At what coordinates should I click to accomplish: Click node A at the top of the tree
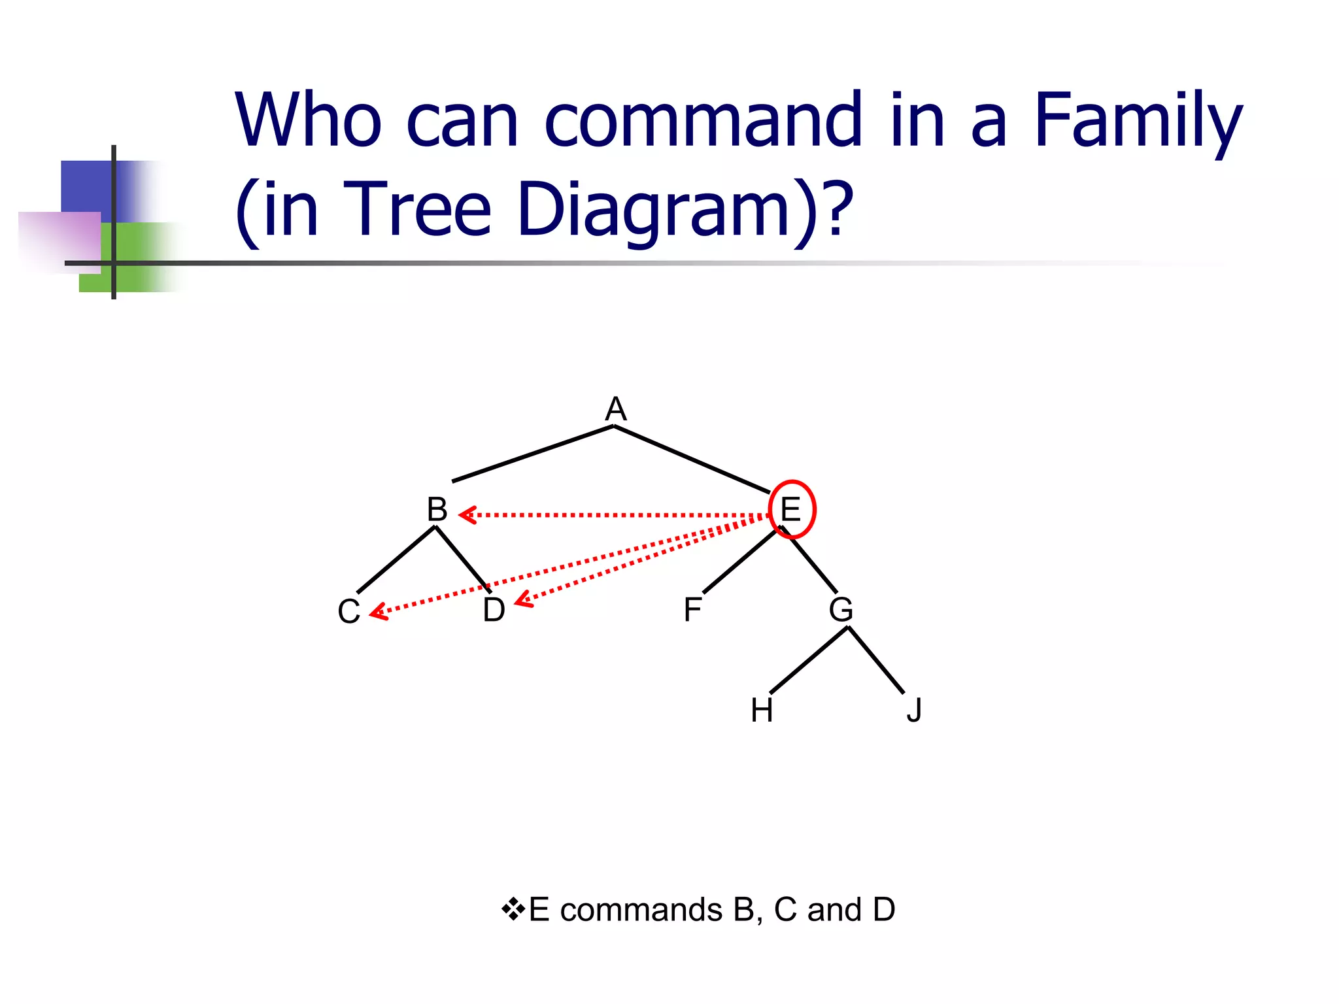(x=615, y=410)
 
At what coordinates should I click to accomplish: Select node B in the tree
(x=437, y=509)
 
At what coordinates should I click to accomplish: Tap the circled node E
(x=791, y=509)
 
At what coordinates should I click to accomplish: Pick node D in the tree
(x=494, y=610)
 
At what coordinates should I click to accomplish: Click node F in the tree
(x=692, y=610)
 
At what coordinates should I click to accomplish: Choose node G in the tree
(x=841, y=610)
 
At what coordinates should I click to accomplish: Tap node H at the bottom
(x=762, y=711)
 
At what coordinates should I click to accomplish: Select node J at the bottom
(x=914, y=711)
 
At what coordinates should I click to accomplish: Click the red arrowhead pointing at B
(x=467, y=515)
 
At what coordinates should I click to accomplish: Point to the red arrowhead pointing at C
(x=378, y=613)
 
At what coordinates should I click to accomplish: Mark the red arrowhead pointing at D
(x=523, y=601)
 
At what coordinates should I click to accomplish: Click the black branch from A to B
(x=533, y=454)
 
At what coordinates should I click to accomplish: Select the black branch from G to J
(x=876, y=660)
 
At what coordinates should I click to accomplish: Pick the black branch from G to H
(x=809, y=660)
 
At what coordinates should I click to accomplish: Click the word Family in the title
(x=1138, y=121)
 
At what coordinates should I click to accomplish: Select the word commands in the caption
(x=641, y=910)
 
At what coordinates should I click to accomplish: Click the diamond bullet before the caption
(x=513, y=909)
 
